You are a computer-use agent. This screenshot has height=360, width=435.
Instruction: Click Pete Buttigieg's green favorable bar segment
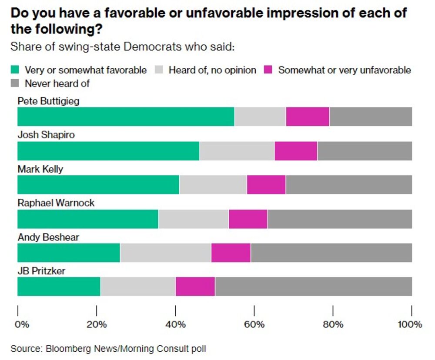click(x=126, y=116)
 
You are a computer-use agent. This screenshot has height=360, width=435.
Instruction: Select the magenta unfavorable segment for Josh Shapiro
click(x=296, y=150)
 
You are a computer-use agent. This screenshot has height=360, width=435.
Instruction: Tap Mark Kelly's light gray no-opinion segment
click(x=213, y=184)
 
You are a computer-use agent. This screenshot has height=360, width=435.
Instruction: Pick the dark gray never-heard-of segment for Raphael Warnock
click(x=340, y=218)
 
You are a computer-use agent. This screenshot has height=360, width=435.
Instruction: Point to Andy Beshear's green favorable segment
click(x=69, y=253)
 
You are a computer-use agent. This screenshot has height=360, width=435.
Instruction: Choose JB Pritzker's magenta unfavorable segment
click(x=195, y=287)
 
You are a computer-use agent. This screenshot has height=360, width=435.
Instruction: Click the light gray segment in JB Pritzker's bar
click(x=137, y=287)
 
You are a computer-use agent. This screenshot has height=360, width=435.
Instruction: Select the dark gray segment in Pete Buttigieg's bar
click(x=371, y=116)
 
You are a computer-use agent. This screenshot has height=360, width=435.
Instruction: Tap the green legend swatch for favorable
click(x=16, y=70)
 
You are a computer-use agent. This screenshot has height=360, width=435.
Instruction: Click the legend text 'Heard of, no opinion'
click(x=212, y=70)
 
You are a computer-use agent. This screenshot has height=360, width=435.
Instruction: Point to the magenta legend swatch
click(x=269, y=70)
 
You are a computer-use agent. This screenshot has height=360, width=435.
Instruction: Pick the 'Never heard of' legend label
click(x=57, y=83)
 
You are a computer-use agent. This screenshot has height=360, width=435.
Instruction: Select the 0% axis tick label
click(x=22, y=324)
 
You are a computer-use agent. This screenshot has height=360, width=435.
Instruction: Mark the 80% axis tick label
click(x=333, y=324)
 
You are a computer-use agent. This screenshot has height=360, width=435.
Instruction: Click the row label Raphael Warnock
click(x=56, y=203)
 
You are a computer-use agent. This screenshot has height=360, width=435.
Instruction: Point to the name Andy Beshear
click(x=48, y=237)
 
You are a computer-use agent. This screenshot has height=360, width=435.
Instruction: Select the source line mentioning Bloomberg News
click(x=108, y=348)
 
